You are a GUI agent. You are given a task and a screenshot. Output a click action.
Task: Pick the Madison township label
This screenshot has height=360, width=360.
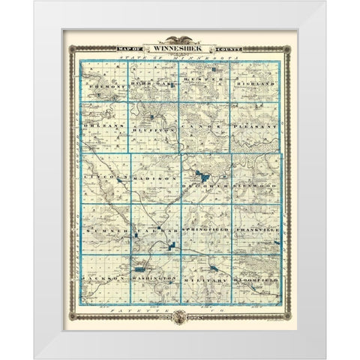point(154,180)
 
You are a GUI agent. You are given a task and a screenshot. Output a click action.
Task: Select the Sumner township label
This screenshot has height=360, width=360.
point(104,229)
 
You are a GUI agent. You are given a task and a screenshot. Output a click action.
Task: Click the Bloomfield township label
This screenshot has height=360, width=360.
point(255,278)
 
